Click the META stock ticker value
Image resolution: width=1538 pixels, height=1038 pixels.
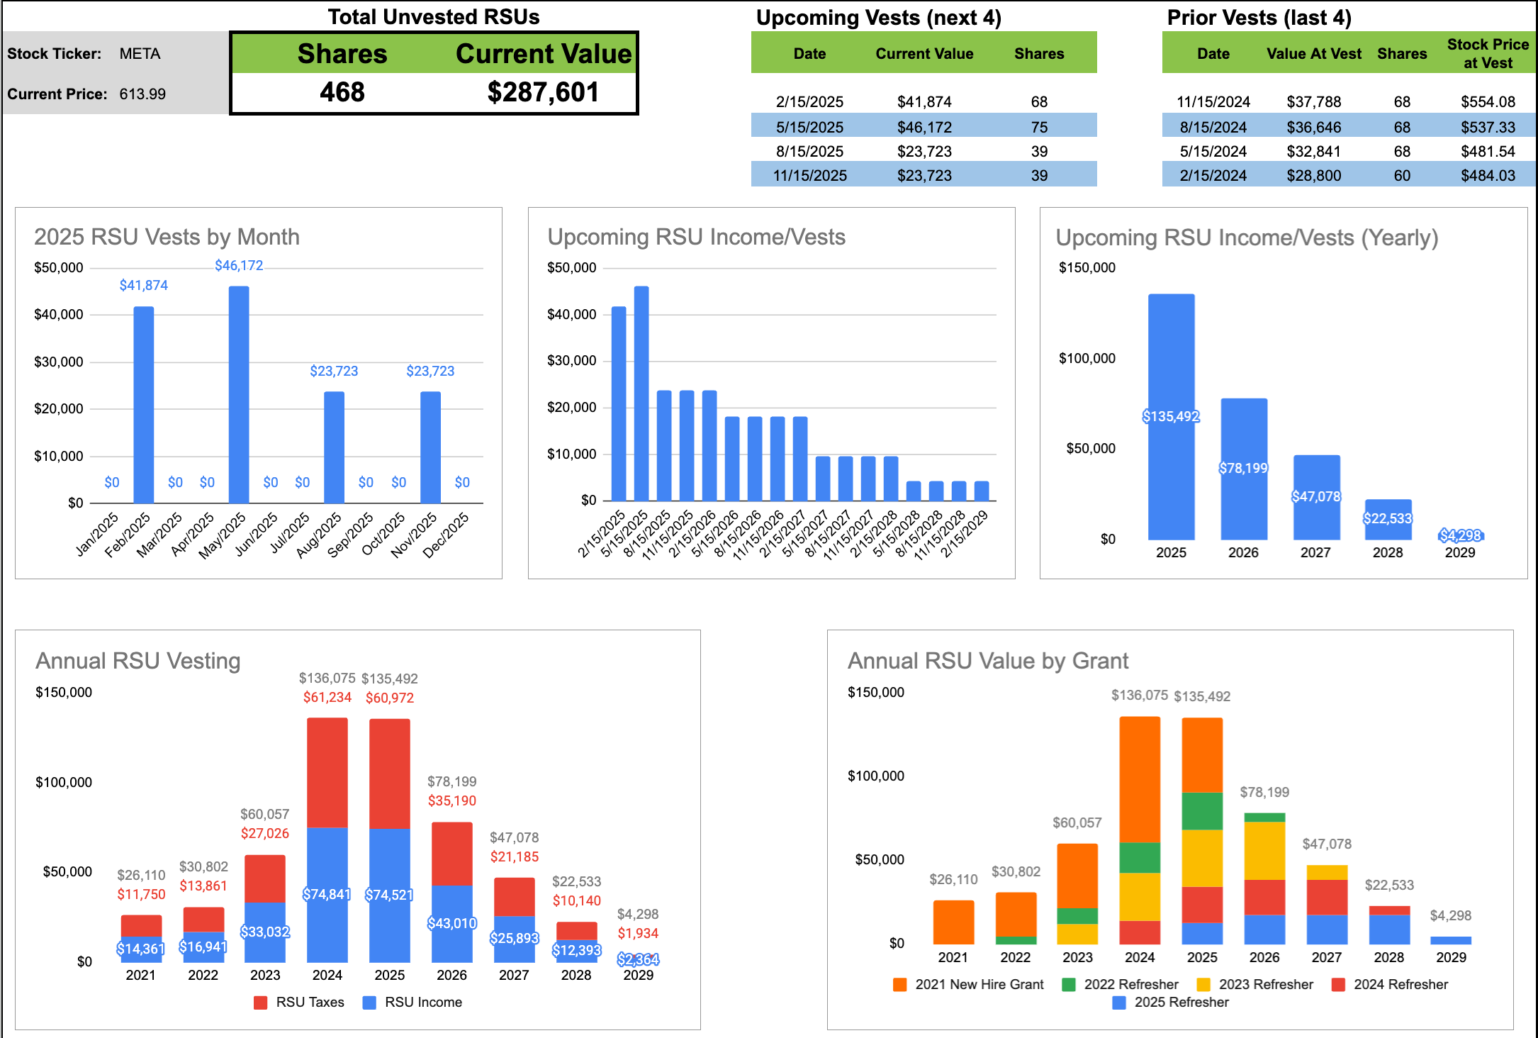coord(140,54)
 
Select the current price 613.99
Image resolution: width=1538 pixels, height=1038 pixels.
coord(142,94)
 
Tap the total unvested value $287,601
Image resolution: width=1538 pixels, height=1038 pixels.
coord(543,92)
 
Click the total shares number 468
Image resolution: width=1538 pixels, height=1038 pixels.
coord(342,92)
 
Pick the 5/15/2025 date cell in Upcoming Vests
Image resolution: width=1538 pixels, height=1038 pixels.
coord(809,128)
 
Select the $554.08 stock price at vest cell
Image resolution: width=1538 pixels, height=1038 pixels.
coord(1488,102)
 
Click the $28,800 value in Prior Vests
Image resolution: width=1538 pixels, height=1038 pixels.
coord(1313,176)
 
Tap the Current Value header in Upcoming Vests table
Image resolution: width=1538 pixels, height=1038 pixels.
coord(924,54)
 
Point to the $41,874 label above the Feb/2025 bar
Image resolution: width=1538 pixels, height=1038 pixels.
coord(143,285)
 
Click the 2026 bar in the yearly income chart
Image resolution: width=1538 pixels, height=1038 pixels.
coord(1243,468)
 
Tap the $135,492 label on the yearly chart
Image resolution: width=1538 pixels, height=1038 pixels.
coord(1171,416)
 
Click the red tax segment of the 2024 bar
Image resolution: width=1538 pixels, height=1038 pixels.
coord(327,773)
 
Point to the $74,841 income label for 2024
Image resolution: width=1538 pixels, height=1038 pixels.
coord(327,894)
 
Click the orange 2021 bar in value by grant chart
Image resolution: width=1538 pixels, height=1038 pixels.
coord(953,922)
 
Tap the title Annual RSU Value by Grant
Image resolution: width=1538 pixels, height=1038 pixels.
coord(987,661)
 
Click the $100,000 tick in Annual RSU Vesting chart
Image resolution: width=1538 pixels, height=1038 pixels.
coord(64,782)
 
